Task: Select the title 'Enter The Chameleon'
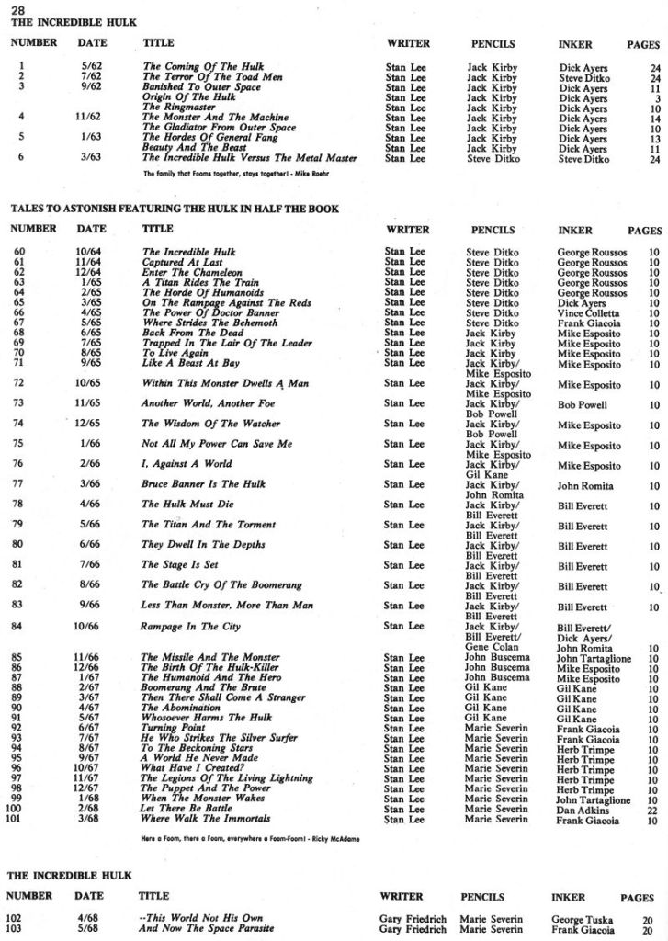[191, 273]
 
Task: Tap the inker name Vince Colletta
[588, 313]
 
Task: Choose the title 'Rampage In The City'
[190, 627]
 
